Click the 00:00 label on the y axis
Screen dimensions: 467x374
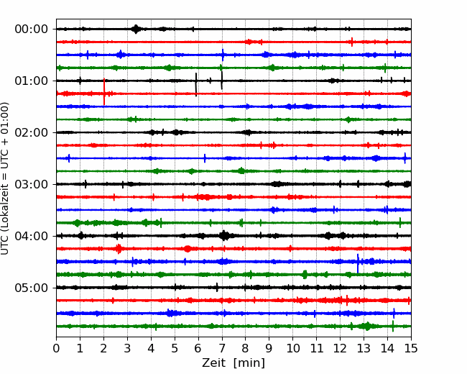(x=32, y=29)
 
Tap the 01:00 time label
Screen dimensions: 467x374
(x=32, y=81)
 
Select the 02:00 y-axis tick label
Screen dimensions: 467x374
(x=32, y=132)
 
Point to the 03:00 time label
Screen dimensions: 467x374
(x=32, y=184)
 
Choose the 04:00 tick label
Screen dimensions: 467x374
(x=32, y=236)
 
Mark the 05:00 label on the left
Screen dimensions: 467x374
(x=32, y=288)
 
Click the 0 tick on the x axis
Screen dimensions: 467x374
(x=56, y=348)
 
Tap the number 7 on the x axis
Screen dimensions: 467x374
(x=222, y=348)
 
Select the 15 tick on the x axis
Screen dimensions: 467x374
(x=411, y=348)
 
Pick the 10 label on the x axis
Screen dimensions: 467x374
(x=292, y=348)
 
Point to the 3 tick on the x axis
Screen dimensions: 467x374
(x=127, y=348)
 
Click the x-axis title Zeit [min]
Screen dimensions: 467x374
(x=233, y=363)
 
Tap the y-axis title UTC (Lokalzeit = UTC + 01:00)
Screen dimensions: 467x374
(x=5, y=178)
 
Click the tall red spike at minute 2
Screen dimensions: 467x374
(x=104, y=91)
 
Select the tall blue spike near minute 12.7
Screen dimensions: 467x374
(x=358, y=263)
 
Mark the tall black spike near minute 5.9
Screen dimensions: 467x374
(x=196, y=84)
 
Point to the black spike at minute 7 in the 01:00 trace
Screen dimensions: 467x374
(x=221, y=81)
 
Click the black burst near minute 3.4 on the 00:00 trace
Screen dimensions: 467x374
(x=136, y=29)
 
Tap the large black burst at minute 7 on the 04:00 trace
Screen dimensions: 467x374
(x=224, y=236)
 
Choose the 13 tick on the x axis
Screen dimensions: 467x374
(x=364, y=348)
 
